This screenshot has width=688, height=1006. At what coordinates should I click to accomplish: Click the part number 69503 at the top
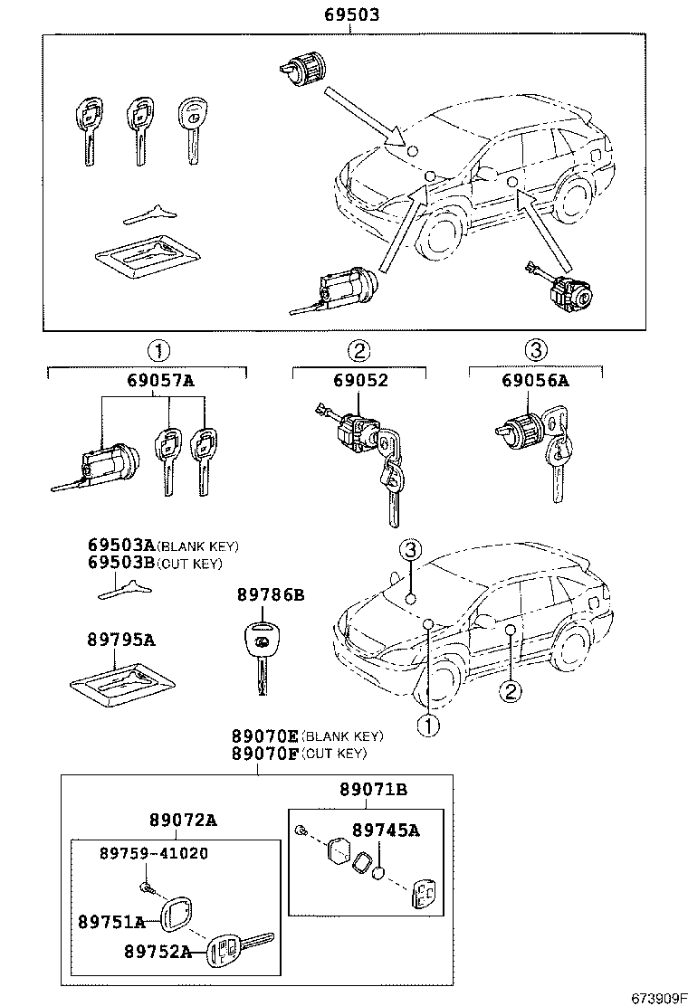click(x=352, y=15)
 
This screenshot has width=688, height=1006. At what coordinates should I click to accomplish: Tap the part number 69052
click(x=358, y=381)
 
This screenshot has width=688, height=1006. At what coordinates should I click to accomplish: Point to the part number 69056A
click(x=536, y=381)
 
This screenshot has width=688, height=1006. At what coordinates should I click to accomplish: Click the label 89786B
click(x=270, y=594)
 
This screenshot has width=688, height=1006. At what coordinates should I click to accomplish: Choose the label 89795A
click(x=121, y=640)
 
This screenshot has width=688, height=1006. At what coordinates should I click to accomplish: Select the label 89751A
click(x=111, y=922)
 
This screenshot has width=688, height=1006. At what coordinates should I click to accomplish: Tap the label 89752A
click(x=158, y=951)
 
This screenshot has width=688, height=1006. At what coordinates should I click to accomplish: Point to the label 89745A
click(x=386, y=830)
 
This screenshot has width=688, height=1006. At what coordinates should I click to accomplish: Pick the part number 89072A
click(x=183, y=820)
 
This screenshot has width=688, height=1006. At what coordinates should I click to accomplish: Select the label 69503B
click(x=121, y=563)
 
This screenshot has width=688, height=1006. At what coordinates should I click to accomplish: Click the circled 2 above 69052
click(x=358, y=350)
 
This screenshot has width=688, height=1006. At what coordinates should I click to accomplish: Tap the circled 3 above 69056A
click(x=536, y=350)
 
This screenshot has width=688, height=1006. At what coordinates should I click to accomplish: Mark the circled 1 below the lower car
click(x=427, y=725)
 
